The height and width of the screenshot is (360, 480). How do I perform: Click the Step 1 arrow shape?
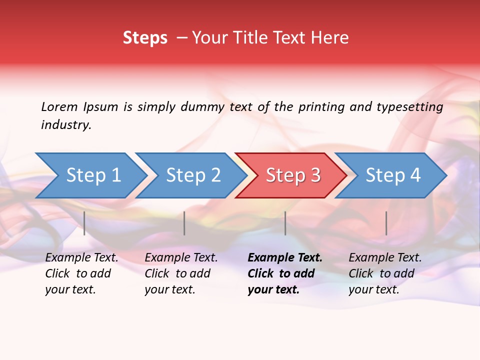tap(92, 175)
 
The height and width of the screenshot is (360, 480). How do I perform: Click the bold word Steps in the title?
tap(145, 38)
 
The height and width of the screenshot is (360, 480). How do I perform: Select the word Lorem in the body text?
tap(59, 106)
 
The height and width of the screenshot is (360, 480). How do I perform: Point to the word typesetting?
tap(409, 106)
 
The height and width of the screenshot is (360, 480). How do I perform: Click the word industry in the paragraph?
tap(65, 125)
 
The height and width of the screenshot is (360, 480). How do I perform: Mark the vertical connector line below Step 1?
tap(84, 223)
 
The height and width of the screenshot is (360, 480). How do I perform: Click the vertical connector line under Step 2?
tap(184, 223)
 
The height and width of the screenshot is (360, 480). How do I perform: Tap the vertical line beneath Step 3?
tap(285, 223)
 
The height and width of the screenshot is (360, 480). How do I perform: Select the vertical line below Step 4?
tap(386, 223)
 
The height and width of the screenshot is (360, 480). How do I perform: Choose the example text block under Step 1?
tap(81, 273)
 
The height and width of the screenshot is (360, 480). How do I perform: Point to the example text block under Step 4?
tap(385, 273)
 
